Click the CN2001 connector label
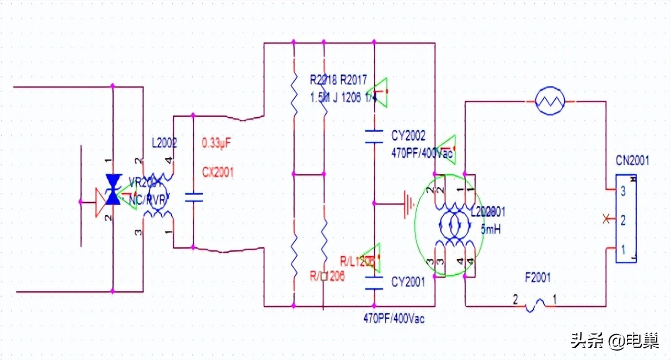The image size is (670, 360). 632,161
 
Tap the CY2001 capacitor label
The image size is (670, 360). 408,283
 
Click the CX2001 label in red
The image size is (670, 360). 218,172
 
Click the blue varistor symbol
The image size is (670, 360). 114,189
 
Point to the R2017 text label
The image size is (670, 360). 353,81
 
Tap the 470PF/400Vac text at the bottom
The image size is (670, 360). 394,319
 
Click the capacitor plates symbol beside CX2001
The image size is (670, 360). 193,198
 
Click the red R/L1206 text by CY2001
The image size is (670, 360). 358,260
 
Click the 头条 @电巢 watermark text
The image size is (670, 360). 614,341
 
